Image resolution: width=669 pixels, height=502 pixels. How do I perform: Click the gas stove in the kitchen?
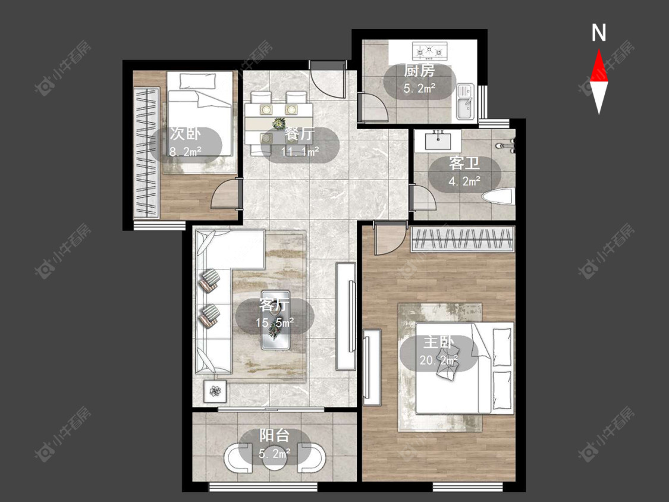click(429, 51)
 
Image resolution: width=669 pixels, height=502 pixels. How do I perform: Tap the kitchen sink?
click(466, 102)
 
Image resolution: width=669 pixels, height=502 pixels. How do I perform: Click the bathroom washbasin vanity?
click(437, 140)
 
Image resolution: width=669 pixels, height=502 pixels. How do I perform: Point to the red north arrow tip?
click(599, 50)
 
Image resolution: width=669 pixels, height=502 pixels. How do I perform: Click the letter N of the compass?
click(599, 33)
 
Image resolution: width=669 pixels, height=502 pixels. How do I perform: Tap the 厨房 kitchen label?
click(419, 70)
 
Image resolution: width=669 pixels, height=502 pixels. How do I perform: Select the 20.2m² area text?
click(439, 360)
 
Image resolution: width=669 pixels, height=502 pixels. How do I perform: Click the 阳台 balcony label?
click(275, 435)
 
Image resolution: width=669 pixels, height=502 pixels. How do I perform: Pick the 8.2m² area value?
click(185, 151)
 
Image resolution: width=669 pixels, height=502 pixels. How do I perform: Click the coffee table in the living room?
click(275, 320)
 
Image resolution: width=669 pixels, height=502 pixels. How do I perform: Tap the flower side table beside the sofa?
click(215, 391)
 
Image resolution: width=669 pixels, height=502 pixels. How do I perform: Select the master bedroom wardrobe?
click(463, 239)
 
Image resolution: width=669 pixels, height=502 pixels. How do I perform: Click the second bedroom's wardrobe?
click(146, 152)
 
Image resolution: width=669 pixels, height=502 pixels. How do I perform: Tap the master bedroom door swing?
click(389, 240)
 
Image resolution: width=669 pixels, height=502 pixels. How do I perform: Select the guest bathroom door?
click(422, 198)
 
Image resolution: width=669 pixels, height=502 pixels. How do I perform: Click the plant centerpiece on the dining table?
click(279, 123)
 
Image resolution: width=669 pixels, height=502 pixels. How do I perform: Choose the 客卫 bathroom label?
click(464, 163)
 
